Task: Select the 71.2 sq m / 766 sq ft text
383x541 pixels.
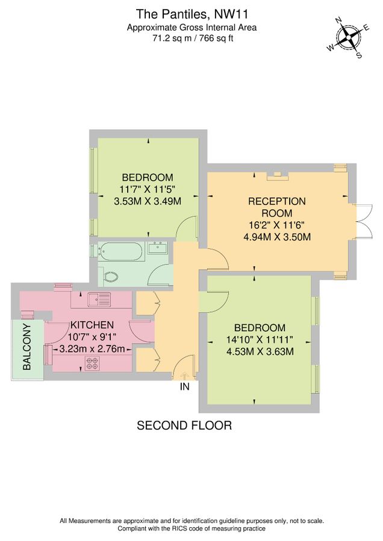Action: point(191,38)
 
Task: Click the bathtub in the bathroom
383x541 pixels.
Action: point(122,251)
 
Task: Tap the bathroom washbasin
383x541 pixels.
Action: point(160,248)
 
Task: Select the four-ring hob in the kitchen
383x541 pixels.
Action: point(93,362)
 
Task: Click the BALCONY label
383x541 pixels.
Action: point(27,347)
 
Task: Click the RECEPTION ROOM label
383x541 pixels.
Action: point(276,207)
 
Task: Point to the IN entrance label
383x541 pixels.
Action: point(184,387)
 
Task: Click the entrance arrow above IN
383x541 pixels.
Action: point(184,376)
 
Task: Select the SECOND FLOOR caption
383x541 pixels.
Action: point(184,426)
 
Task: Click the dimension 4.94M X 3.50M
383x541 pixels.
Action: point(276,237)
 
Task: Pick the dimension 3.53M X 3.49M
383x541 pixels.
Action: point(148,201)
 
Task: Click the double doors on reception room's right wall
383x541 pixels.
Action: point(364,222)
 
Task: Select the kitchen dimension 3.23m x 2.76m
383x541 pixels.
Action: point(92,349)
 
